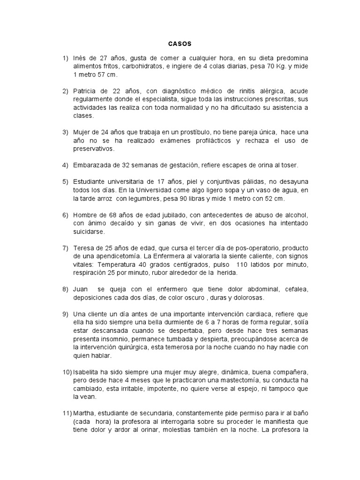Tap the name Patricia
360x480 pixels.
pos(86,90)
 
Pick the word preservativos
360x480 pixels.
pos(94,150)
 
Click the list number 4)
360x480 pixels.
pos(65,165)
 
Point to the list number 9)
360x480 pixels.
pos(65,313)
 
